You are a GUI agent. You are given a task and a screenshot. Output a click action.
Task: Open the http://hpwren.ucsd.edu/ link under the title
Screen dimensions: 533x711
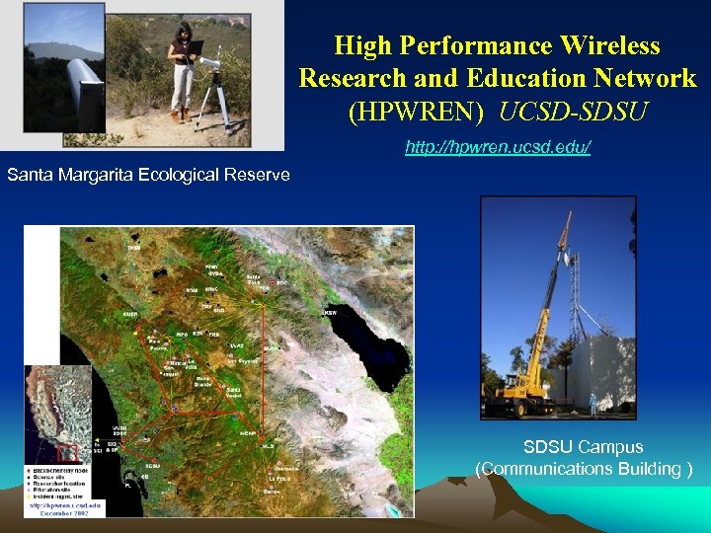click(498, 148)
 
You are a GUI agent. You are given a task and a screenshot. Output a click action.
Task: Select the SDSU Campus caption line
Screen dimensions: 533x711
click(583, 447)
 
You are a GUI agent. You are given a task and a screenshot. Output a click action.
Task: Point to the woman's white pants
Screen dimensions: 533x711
click(182, 87)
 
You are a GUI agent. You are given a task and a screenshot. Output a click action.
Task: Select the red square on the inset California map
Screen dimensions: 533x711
click(68, 452)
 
